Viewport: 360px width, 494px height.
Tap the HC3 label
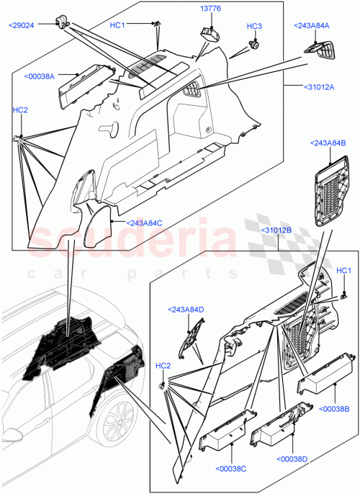[x=254, y=27]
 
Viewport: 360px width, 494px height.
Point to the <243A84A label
[x=311, y=26]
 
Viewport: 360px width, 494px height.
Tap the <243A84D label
[x=186, y=310]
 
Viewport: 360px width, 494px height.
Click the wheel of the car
[x=117, y=425]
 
